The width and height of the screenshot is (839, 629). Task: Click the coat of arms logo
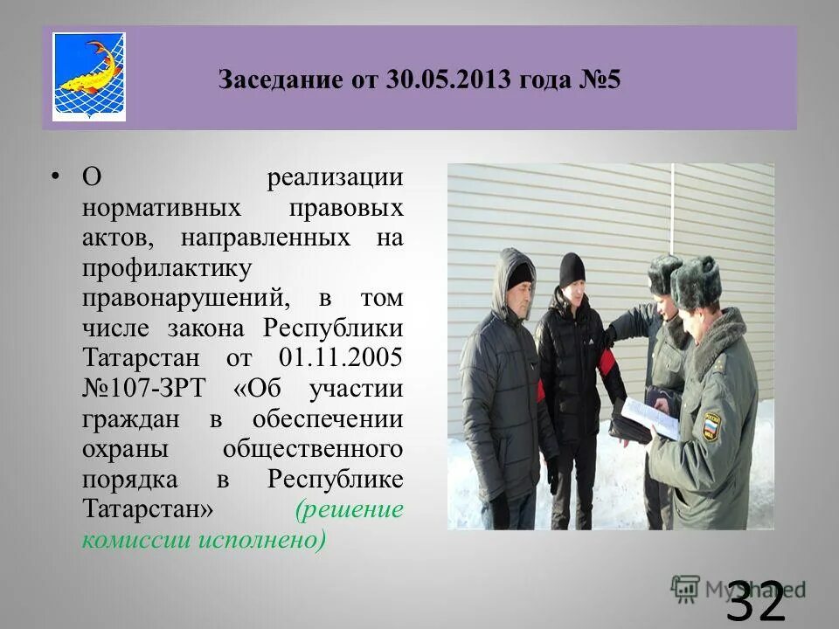(x=89, y=77)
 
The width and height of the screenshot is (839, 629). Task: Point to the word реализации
(x=335, y=178)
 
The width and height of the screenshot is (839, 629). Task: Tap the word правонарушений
(x=184, y=298)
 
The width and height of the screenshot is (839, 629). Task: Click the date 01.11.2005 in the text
(x=341, y=358)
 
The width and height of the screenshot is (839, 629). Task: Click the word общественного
(x=312, y=449)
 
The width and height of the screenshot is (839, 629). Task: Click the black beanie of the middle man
(x=572, y=268)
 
